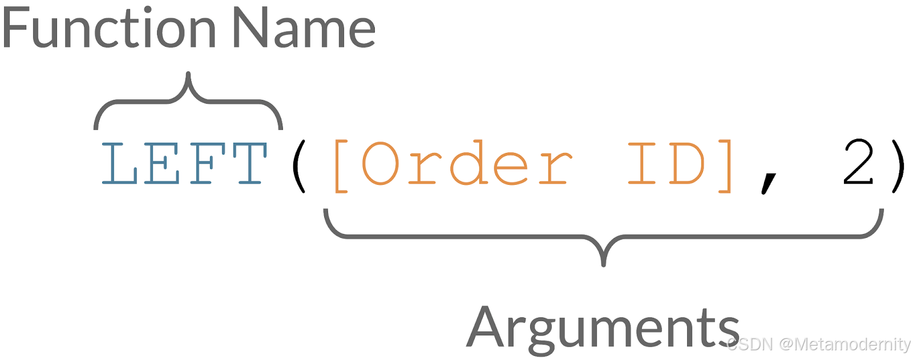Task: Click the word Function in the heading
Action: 108,29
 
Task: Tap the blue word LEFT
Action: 184,164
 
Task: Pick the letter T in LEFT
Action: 249,164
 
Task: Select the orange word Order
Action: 466,164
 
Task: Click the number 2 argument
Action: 858,164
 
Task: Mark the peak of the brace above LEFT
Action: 188,74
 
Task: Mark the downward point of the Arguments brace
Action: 604,264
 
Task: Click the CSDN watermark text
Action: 750,345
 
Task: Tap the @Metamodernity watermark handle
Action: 845,345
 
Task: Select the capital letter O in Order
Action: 379,164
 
